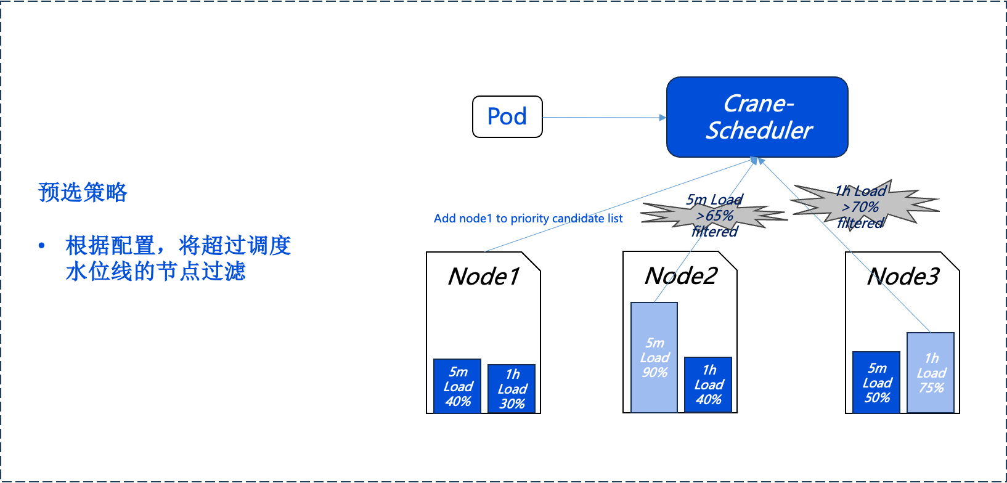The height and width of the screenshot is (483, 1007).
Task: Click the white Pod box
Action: click(x=507, y=116)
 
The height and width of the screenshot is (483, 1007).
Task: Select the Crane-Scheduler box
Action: click(x=757, y=117)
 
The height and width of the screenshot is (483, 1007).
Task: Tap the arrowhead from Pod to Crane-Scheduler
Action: click(x=662, y=117)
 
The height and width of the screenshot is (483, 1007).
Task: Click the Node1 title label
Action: click(x=484, y=277)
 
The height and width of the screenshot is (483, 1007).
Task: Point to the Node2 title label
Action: click(x=680, y=276)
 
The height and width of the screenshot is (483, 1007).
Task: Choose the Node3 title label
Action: click(x=903, y=277)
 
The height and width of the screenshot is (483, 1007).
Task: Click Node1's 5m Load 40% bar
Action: click(x=457, y=386)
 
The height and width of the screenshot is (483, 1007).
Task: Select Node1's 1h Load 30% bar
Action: click(x=512, y=389)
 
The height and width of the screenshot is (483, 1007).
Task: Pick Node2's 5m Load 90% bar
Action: click(x=654, y=357)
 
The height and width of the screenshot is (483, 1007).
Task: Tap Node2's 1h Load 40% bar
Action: click(x=708, y=384)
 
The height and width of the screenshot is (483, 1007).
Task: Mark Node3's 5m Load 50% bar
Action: click(x=876, y=383)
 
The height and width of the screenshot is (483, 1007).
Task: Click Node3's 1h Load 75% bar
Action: click(x=931, y=373)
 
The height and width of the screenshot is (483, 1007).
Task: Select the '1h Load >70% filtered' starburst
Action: click(x=863, y=206)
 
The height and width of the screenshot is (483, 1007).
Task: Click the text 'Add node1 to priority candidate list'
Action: click(x=528, y=219)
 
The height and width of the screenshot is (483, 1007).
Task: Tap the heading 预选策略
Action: click(x=83, y=192)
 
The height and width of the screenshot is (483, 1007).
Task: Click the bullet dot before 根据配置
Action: click(x=42, y=246)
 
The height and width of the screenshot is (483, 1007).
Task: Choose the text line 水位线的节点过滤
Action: click(x=155, y=271)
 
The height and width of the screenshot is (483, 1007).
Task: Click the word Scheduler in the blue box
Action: click(x=759, y=131)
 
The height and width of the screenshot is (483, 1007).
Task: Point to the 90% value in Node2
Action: click(x=654, y=373)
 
